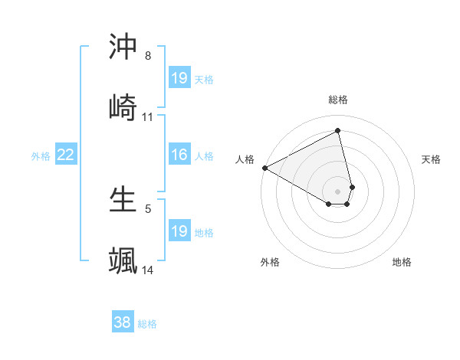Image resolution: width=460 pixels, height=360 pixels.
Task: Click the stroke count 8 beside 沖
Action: click(147, 56)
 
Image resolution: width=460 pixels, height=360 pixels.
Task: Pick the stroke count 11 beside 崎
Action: click(148, 117)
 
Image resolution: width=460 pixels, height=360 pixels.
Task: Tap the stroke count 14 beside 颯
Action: click(148, 270)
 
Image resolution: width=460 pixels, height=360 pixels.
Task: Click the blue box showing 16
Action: click(179, 155)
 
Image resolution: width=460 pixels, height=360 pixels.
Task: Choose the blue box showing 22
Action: click(66, 155)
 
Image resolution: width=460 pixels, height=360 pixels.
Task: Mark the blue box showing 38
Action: click(123, 323)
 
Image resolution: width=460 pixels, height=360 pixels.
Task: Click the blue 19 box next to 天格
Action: click(179, 78)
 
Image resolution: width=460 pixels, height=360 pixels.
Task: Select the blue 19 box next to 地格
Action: click(179, 231)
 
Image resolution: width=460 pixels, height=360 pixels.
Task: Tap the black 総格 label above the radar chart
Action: click(338, 100)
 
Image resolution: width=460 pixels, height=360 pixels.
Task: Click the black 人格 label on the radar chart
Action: click(245, 159)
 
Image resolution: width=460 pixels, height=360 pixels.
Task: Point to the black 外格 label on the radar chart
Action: click(270, 262)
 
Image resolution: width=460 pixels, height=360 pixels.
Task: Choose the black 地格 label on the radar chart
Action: click(402, 262)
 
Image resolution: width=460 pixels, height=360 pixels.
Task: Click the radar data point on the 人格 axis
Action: click(264, 168)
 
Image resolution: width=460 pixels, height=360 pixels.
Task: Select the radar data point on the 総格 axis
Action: click(338, 131)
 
